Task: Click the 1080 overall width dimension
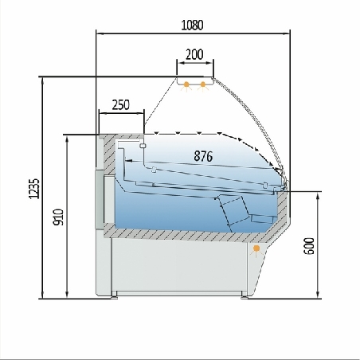[192, 25]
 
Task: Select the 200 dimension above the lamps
[194, 54]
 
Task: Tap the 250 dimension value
[120, 104]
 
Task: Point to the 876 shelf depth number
[203, 157]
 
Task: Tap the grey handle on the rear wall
[100, 199]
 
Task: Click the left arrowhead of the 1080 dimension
[100, 33]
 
